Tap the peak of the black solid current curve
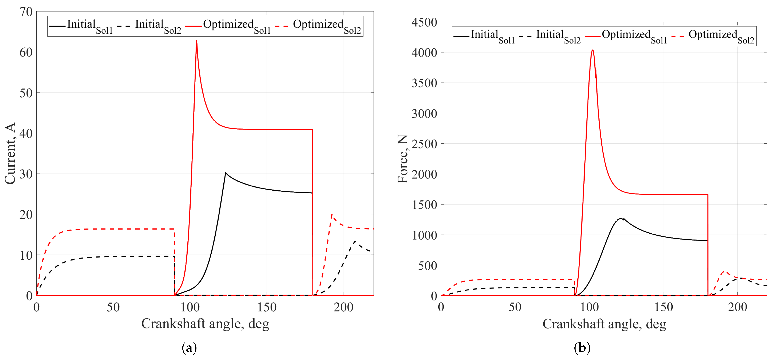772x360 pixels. [x=226, y=173]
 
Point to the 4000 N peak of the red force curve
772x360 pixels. [x=593, y=50]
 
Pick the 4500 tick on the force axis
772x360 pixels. [x=424, y=23]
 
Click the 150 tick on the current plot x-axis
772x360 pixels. [x=267, y=307]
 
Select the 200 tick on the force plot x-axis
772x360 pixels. [x=737, y=307]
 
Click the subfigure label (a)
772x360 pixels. [x=189, y=348]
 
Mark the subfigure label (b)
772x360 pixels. [x=582, y=348]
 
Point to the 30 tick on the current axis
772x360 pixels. [x=26, y=174]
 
